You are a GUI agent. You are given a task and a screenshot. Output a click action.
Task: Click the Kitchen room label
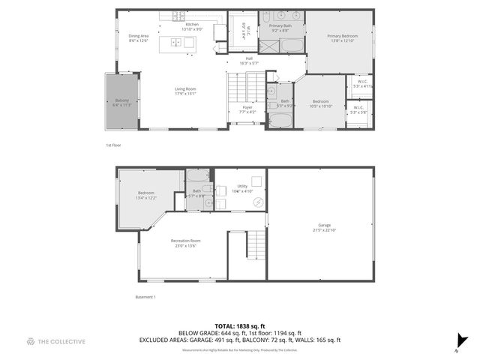click(x=193, y=26)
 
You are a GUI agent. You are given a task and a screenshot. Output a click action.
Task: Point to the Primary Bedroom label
click(x=340, y=37)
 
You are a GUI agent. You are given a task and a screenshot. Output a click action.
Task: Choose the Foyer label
click(x=247, y=109)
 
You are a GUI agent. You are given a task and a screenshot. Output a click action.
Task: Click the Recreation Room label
click(x=181, y=243)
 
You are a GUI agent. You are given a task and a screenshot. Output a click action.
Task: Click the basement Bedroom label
click(x=146, y=195)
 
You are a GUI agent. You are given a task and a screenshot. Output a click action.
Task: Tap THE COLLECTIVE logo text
click(x=61, y=341)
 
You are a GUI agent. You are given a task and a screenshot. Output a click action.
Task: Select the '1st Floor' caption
click(x=113, y=145)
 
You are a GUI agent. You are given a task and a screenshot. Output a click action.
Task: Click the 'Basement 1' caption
click(x=145, y=298)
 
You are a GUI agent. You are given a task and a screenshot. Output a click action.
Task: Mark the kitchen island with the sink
click(x=180, y=42)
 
